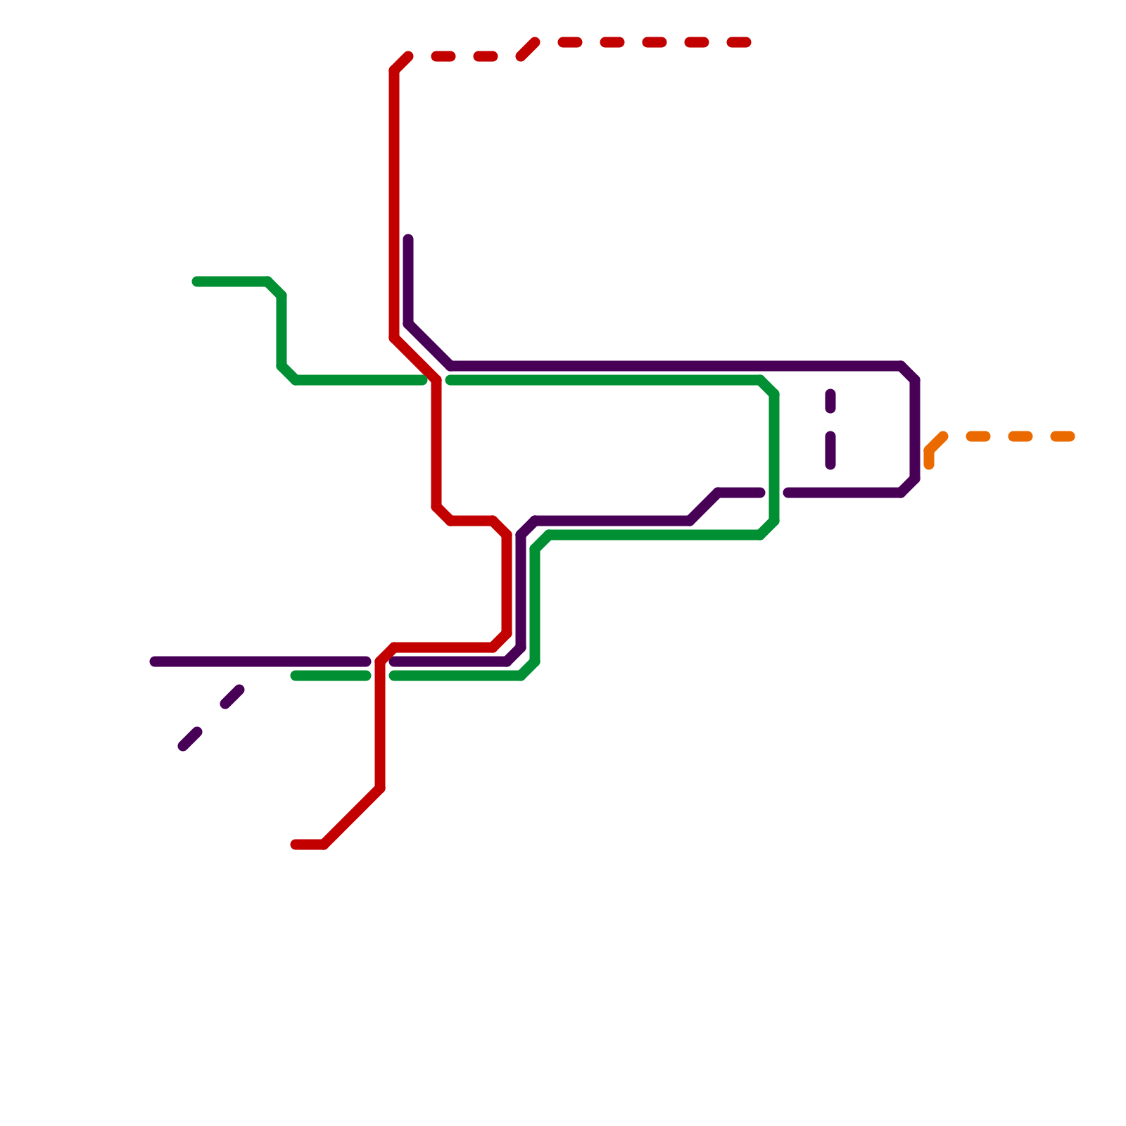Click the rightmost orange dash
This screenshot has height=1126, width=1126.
point(1063,437)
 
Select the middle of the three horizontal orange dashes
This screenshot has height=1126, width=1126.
point(1020,437)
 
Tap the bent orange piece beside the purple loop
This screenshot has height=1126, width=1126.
point(932,449)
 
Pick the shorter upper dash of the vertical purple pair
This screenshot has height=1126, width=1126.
point(830,401)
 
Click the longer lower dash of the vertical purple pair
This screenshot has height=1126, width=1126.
point(830,450)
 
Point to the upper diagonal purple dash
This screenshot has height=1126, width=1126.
point(232,697)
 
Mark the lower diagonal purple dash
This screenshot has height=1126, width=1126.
point(190,739)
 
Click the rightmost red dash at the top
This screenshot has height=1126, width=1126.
point(739,43)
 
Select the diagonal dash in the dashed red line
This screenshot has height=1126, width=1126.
point(528,49)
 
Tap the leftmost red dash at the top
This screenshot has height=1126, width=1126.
point(443,56)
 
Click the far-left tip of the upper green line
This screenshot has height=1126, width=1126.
point(197,281)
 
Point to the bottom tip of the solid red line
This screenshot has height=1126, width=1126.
point(296,844)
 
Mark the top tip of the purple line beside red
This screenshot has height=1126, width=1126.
point(408,240)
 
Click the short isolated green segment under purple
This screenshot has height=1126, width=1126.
point(331,676)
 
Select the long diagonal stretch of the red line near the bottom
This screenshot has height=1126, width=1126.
point(352,816)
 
